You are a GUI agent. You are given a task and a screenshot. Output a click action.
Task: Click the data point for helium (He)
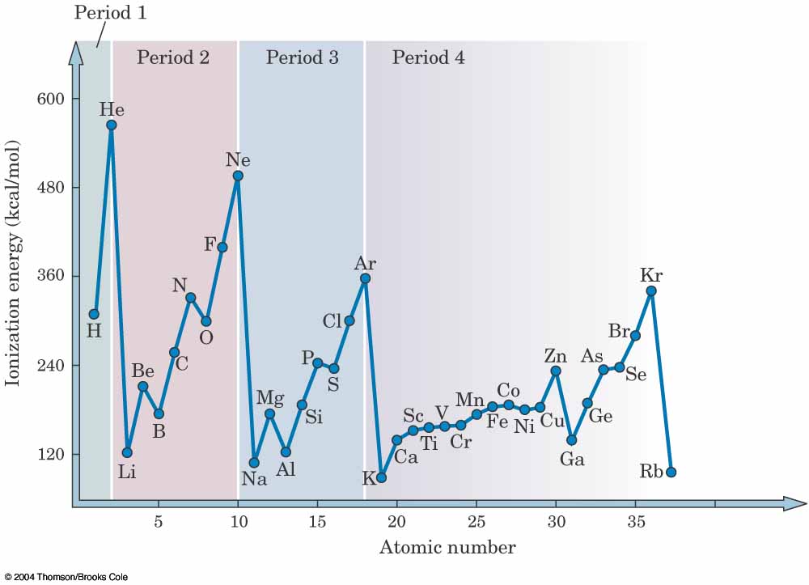click(x=112, y=125)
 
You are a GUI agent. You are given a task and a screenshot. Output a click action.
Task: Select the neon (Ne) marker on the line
click(x=238, y=176)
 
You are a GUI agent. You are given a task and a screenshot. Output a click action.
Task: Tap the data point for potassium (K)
click(x=382, y=477)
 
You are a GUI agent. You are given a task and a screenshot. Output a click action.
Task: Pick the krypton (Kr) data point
click(x=651, y=290)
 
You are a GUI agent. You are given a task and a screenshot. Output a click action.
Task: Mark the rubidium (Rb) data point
click(x=671, y=472)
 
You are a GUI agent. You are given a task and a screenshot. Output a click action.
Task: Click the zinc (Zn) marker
click(x=556, y=371)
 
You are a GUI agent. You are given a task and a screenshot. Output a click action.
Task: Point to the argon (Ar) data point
click(x=365, y=278)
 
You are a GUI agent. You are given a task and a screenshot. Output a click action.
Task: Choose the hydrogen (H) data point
click(x=94, y=314)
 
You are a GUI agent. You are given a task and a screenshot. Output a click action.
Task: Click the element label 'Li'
click(x=127, y=472)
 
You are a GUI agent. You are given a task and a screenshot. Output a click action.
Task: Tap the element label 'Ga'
click(x=572, y=460)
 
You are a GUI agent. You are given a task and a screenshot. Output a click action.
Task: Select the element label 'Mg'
click(x=270, y=397)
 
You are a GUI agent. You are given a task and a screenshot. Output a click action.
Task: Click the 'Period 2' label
click(x=173, y=57)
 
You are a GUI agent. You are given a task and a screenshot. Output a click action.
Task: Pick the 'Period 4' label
click(x=429, y=57)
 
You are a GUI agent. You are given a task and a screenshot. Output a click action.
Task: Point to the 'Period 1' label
click(x=111, y=13)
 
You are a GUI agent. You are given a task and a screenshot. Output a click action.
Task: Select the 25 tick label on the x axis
click(x=477, y=523)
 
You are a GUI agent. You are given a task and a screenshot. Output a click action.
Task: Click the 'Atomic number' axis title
click(x=447, y=548)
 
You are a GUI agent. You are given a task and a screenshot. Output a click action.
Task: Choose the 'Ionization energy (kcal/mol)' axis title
click(x=13, y=264)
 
